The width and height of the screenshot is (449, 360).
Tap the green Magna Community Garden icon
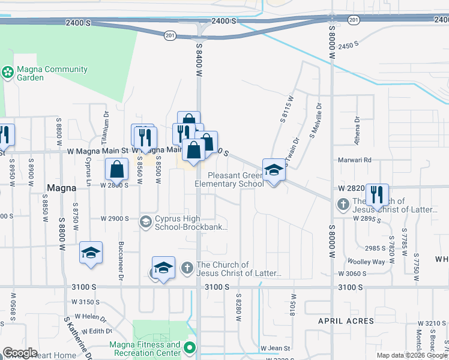tap(8, 73)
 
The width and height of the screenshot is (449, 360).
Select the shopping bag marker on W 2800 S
tap(116, 170)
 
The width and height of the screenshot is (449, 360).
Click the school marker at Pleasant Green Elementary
tap(274, 170)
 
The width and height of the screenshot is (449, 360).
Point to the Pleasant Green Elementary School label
tap(235, 180)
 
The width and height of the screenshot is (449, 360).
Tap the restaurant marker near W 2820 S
tap(377, 196)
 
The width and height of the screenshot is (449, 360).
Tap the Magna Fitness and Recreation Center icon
tap(190, 348)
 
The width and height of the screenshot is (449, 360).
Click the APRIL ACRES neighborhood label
tap(346, 321)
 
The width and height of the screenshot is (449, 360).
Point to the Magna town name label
tap(62, 188)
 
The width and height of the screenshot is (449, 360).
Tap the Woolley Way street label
tap(366, 262)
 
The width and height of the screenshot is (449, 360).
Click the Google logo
tap(20, 353)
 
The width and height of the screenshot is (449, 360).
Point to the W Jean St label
tap(276, 348)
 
